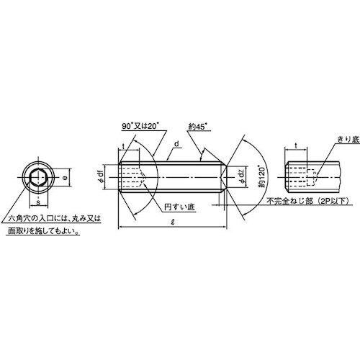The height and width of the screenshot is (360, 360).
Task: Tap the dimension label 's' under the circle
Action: [x=38, y=202]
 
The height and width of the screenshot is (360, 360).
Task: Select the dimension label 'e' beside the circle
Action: [x=64, y=177]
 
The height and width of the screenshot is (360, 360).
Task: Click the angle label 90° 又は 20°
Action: [x=140, y=126]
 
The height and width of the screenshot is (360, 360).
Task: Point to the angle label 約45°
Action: [x=198, y=127]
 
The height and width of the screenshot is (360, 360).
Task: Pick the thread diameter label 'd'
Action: [x=177, y=144]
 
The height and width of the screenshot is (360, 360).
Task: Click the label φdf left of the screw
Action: [x=101, y=178]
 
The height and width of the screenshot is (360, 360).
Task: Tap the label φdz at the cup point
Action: [x=242, y=177]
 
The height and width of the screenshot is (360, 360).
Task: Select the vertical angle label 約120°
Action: [x=262, y=176]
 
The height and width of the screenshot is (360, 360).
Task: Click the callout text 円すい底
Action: [x=179, y=207]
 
